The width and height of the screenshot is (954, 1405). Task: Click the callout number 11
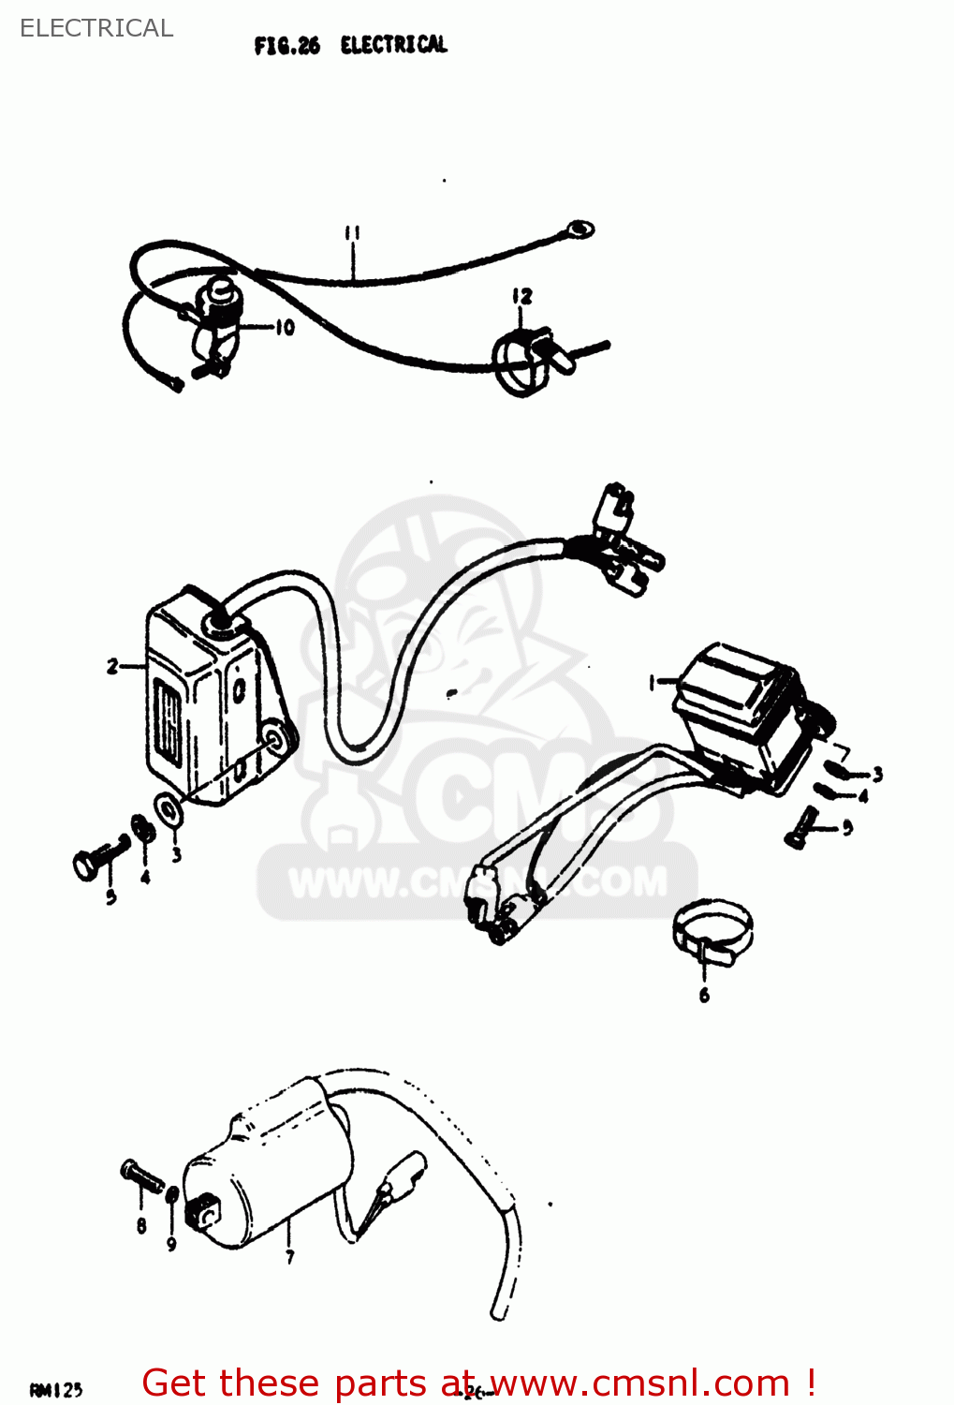(352, 232)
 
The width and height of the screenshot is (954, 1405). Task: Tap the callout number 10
(285, 327)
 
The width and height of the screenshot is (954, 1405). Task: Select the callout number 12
(521, 297)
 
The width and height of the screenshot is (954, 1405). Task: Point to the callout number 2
(113, 666)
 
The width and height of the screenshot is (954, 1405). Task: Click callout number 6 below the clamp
(704, 995)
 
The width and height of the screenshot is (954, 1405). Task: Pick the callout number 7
(290, 1256)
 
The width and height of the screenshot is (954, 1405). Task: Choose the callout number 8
(141, 1225)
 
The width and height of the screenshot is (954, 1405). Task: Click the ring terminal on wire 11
(580, 229)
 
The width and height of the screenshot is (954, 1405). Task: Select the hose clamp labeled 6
(712, 927)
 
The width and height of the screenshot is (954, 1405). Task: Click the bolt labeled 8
(140, 1176)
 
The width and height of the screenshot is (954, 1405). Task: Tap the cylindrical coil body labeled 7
(262, 1171)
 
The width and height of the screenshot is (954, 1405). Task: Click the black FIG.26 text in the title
(286, 46)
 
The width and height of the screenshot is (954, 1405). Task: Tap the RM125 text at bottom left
(56, 1390)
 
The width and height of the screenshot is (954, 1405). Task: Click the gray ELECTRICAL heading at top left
(96, 28)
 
